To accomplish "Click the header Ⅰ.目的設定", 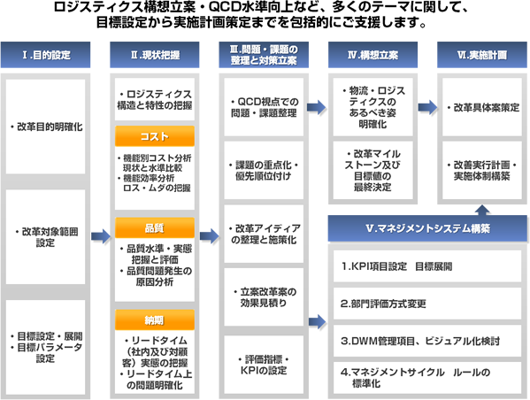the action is (x=45, y=55).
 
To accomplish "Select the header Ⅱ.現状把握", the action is (x=155, y=55).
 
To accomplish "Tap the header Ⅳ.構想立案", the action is (x=373, y=55).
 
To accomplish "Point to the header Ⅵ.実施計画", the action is (x=482, y=55).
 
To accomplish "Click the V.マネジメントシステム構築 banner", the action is (x=427, y=228).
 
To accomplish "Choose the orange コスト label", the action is (x=155, y=136).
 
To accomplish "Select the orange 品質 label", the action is (x=155, y=227).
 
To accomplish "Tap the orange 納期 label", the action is (x=155, y=319).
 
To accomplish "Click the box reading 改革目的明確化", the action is (x=45, y=127).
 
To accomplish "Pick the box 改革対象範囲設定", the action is (x=45, y=237).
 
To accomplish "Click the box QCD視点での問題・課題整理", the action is (x=264, y=107).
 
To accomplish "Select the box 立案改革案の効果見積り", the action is (x=264, y=297).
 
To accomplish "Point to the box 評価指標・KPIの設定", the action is (x=264, y=365).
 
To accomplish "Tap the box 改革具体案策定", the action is (x=482, y=107).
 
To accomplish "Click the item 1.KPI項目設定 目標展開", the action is (x=427, y=266).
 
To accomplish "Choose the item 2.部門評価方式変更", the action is (x=427, y=304).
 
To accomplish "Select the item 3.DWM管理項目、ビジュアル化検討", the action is (x=427, y=341).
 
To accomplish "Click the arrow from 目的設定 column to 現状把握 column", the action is (x=101, y=236).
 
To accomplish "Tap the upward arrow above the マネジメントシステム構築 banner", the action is (x=482, y=210).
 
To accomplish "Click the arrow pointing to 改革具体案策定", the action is (x=427, y=107).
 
